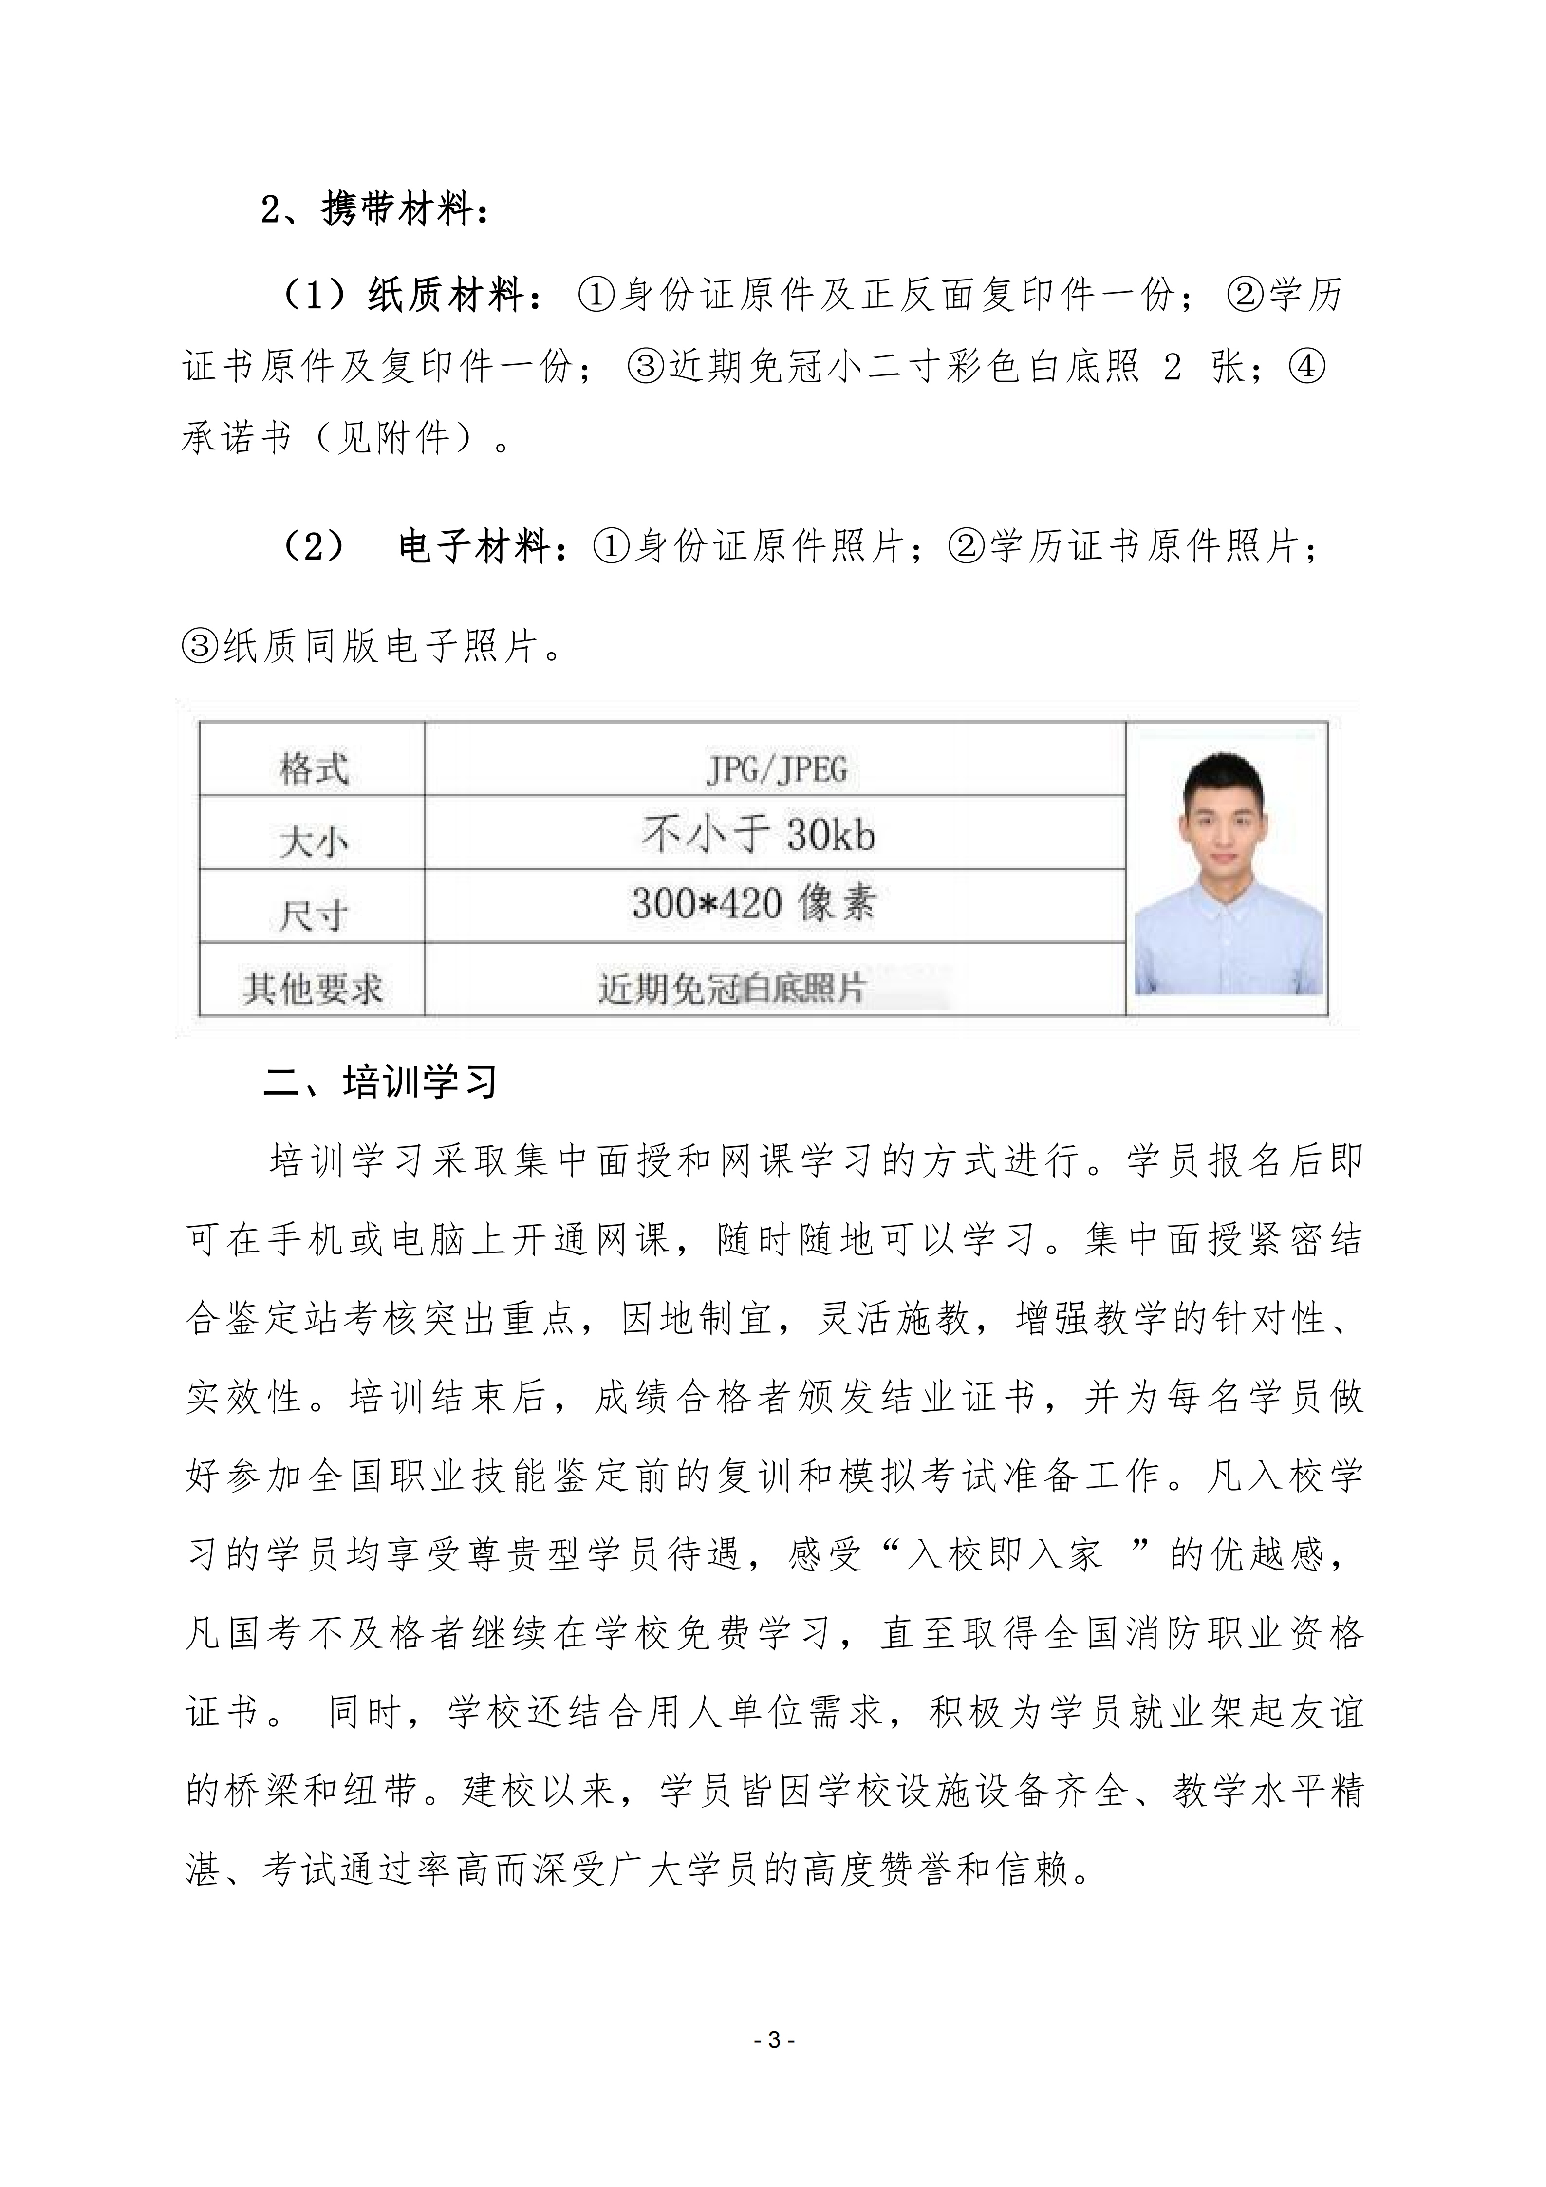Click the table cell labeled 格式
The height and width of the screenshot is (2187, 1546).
313,769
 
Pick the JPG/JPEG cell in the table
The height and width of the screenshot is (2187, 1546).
775,769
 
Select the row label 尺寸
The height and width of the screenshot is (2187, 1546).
313,915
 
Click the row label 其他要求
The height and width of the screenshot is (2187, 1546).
313,988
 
